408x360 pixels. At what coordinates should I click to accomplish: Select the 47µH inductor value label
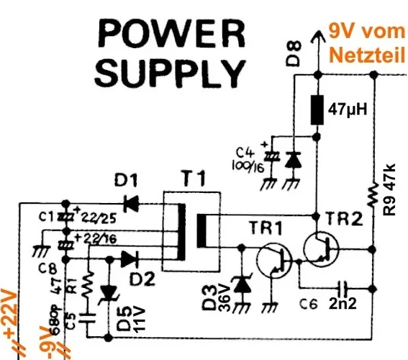[348, 110]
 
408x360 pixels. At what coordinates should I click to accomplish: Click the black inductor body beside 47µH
[315, 109]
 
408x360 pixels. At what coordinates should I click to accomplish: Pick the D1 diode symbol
[130, 204]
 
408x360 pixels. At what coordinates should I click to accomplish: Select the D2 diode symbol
[130, 258]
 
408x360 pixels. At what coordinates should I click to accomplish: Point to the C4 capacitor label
[245, 153]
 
